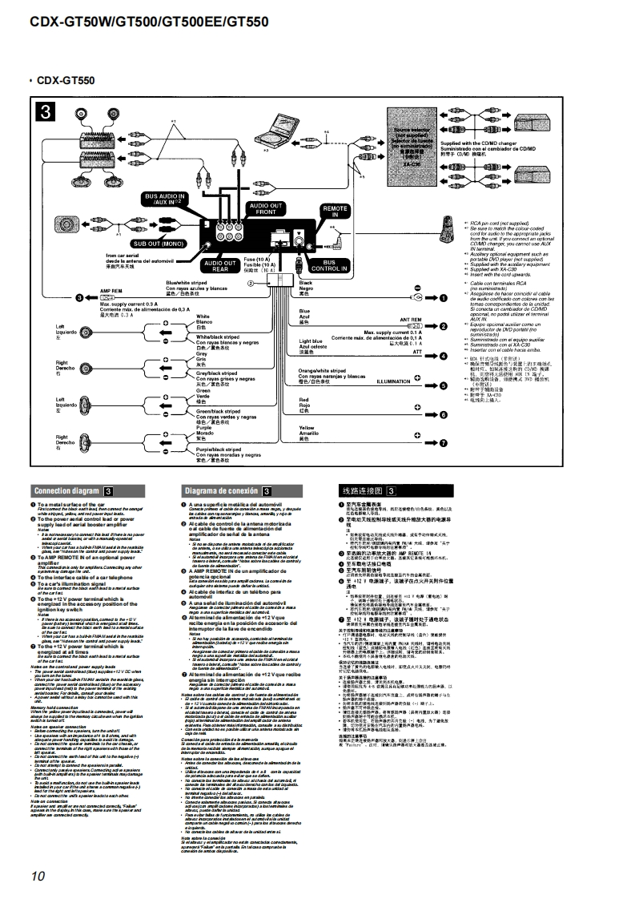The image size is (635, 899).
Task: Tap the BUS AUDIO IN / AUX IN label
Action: [164, 199]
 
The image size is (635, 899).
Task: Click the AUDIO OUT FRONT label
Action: [267, 210]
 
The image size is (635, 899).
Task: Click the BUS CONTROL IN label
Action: [328, 265]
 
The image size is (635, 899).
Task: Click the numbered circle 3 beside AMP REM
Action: [78, 298]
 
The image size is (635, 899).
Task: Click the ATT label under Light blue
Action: [416, 351]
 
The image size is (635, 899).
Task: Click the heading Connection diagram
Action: [66, 490]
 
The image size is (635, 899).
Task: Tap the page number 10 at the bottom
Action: [38, 875]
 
